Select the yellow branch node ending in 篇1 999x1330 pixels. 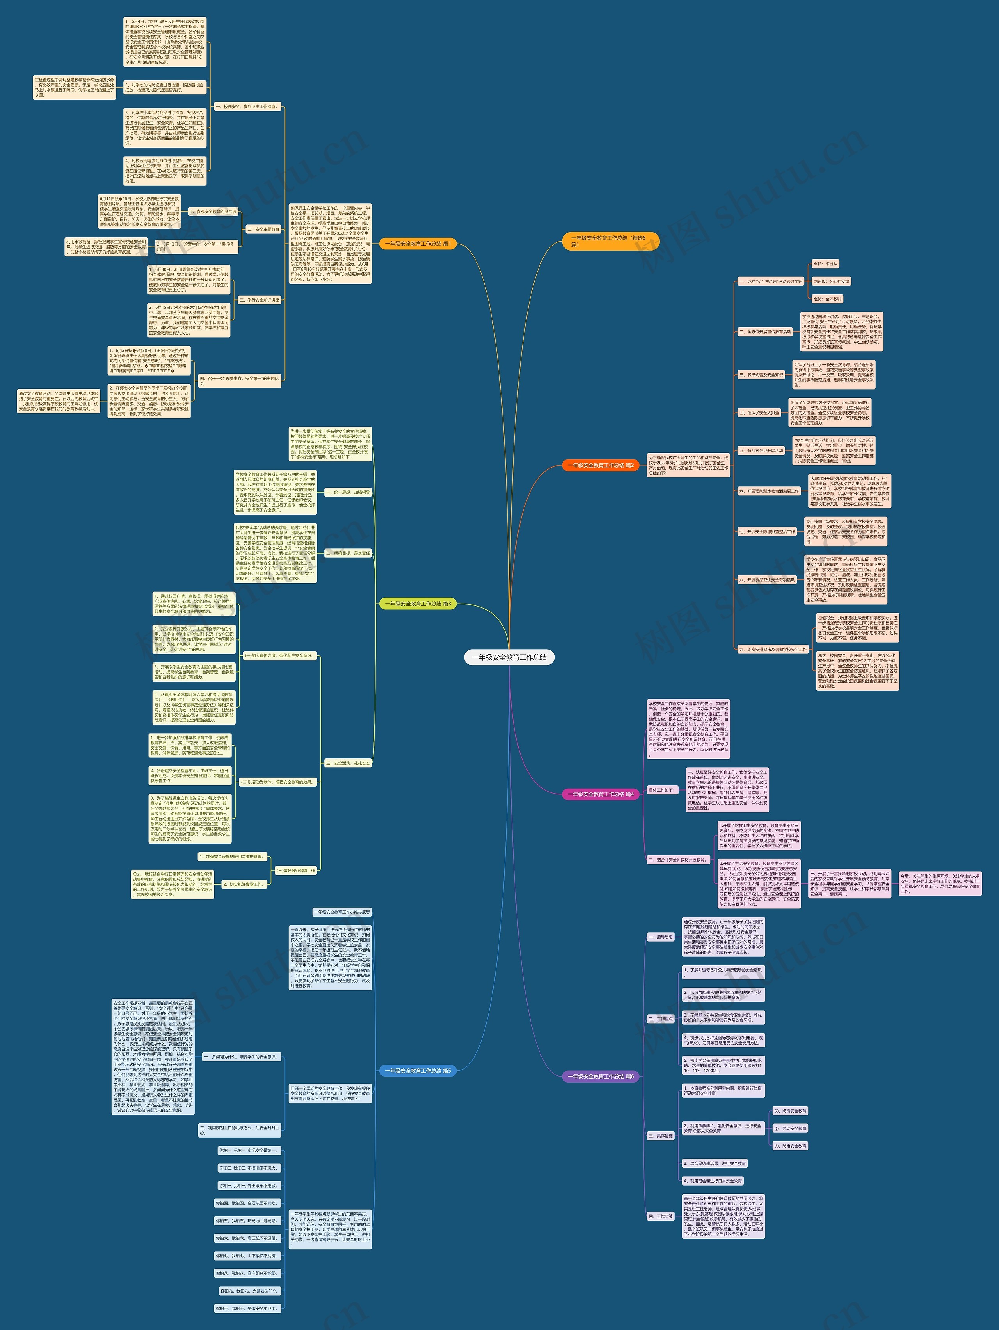point(417,244)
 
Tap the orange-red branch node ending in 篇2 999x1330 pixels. point(600,465)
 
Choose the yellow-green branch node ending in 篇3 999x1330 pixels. point(417,604)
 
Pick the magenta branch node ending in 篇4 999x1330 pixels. point(600,794)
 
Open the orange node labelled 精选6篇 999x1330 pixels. point(610,241)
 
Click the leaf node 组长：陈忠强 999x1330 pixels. point(825,264)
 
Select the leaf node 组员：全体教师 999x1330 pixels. point(827,299)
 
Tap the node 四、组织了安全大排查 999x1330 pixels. point(759,413)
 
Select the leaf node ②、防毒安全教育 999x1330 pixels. point(790,1111)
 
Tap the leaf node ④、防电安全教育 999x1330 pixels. point(790,1146)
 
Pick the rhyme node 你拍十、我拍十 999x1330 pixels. point(248,1309)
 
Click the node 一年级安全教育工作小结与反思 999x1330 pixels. point(342,912)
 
